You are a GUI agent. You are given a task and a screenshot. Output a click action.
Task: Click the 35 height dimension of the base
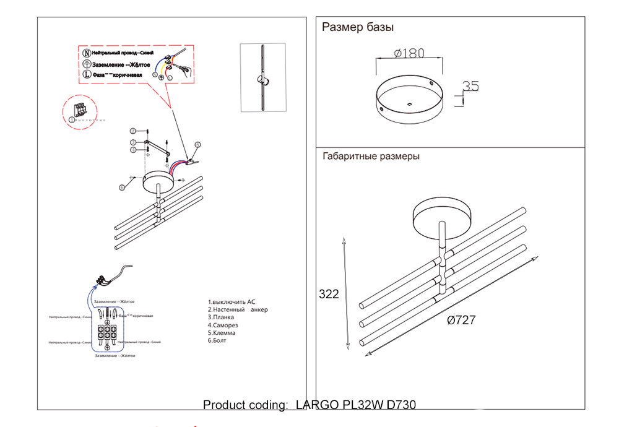click(x=471, y=87)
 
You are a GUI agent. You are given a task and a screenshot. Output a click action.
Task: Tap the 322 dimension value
click(x=328, y=295)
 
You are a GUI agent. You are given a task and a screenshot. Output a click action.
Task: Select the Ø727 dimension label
click(x=461, y=320)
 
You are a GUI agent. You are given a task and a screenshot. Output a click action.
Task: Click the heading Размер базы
click(x=358, y=27)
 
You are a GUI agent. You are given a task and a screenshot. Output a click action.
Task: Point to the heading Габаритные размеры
click(x=371, y=157)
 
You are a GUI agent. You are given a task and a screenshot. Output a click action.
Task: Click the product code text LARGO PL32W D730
click(x=356, y=405)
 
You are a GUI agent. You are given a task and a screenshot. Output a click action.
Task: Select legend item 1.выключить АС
click(x=232, y=301)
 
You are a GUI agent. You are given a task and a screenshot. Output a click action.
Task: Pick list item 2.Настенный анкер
click(x=238, y=309)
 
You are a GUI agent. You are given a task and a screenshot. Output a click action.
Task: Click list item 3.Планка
click(x=221, y=317)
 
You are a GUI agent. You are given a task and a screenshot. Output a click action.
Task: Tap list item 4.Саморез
click(x=223, y=325)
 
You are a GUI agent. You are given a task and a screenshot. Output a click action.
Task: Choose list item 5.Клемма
click(x=222, y=333)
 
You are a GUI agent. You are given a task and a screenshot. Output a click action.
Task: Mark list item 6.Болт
click(x=217, y=340)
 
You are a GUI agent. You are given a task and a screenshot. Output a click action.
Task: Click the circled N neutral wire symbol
click(x=87, y=54)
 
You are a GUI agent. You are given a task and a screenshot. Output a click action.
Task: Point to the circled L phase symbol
click(x=87, y=74)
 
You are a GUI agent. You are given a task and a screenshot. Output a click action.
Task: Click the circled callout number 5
click(x=197, y=145)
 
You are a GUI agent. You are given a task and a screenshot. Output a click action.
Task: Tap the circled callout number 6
click(x=123, y=186)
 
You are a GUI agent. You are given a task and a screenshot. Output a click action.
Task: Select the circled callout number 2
click(x=132, y=131)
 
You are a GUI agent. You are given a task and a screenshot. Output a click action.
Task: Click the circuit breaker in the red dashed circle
click(x=79, y=110)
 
